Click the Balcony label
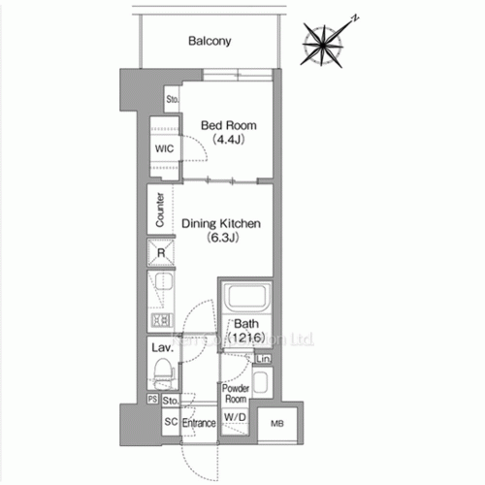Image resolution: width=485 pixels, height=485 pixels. [x=209, y=41]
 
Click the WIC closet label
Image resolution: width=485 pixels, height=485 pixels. [x=163, y=149]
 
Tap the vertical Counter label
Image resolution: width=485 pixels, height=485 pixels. [x=158, y=210]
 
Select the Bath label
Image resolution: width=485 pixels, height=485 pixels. [x=243, y=325]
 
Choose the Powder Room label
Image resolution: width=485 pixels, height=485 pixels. [x=237, y=393]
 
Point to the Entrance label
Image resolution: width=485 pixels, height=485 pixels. [x=198, y=424]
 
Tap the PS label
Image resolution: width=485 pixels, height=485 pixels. [x=152, y=399]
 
